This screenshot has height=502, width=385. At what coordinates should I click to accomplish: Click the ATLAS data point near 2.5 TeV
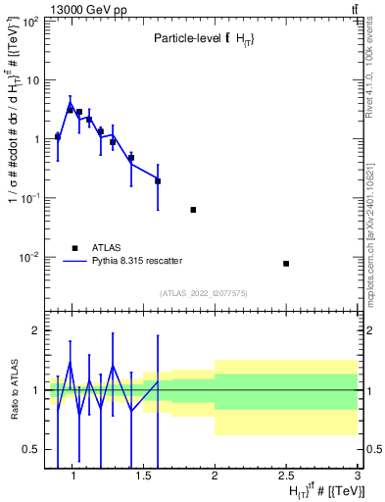pos(286,263)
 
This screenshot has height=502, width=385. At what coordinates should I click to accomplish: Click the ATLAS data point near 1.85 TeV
pos(193,210)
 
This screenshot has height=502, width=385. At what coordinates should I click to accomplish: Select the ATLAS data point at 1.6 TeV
pos(158,181)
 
